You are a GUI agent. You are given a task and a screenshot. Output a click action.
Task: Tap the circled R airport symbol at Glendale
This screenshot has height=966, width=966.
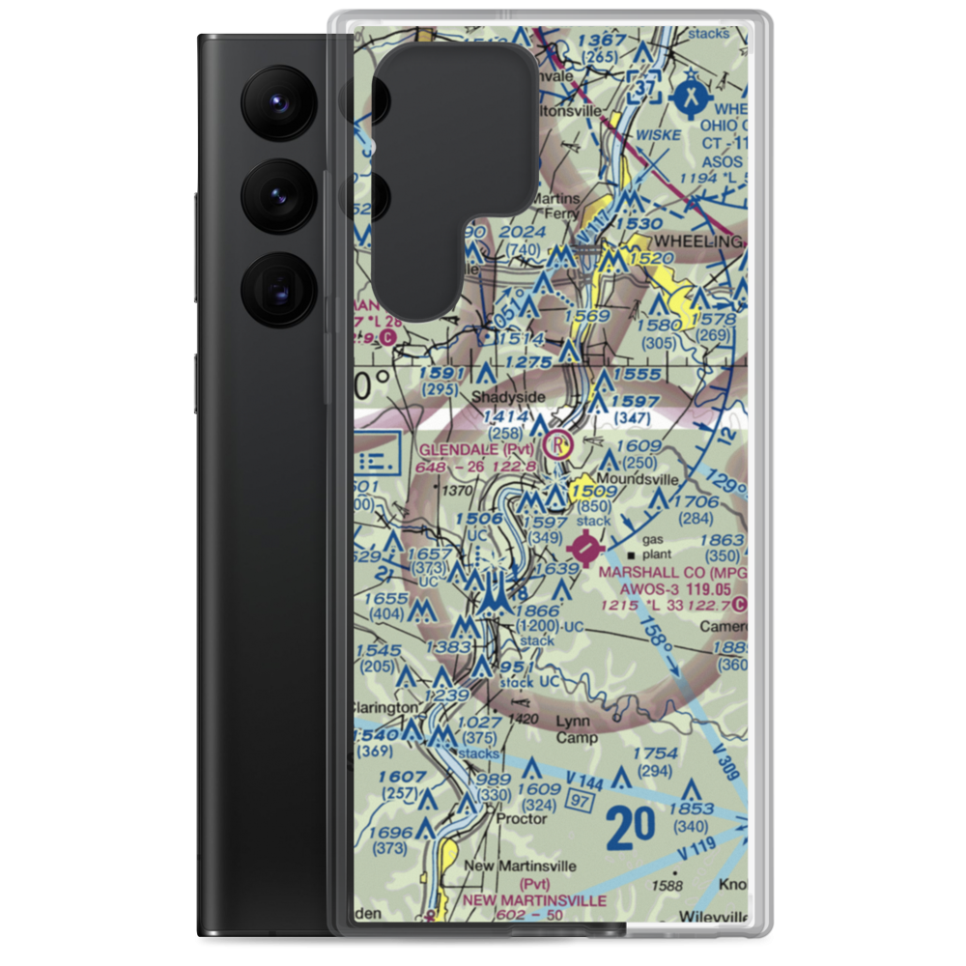click(558, 445)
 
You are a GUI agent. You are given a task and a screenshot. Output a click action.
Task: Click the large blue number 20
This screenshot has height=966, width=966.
click(632, 827)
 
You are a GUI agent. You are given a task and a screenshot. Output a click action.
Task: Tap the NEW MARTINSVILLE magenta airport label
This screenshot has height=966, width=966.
click(534, 900)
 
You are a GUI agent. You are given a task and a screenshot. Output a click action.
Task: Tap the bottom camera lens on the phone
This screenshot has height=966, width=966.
click(278, 290)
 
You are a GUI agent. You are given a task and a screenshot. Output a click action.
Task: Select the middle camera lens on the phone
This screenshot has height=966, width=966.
click(278, 195)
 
